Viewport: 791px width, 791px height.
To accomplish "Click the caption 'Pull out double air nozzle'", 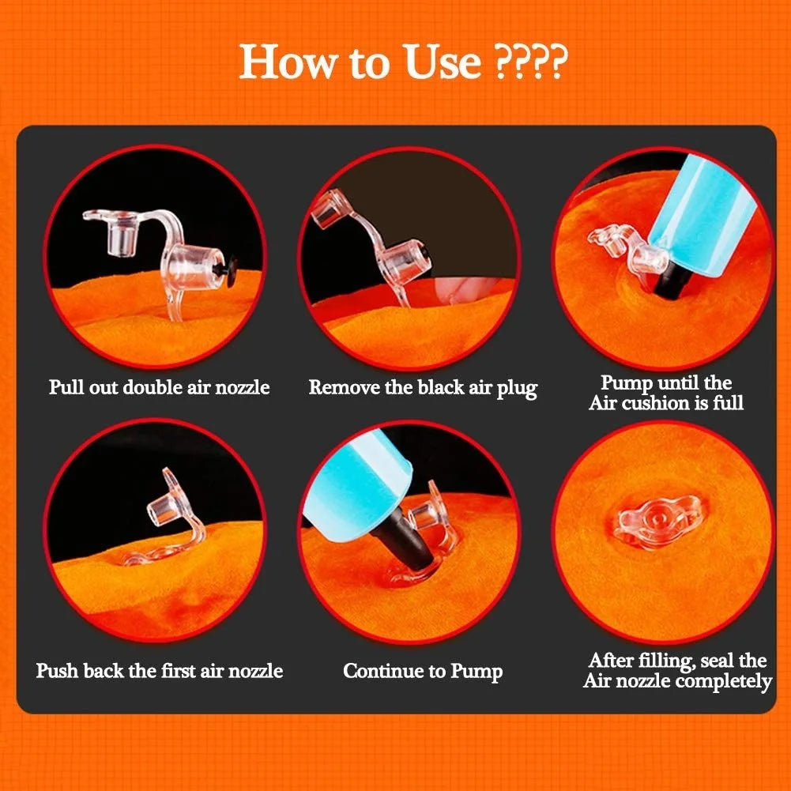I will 159,387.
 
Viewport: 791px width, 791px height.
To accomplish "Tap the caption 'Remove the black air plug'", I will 423,388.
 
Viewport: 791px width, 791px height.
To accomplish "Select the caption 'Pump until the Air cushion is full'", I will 665,393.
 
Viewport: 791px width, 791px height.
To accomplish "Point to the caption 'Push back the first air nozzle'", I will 159,671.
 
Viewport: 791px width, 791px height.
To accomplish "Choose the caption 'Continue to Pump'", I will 423,672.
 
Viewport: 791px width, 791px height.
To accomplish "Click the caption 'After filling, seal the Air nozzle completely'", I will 676,670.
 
